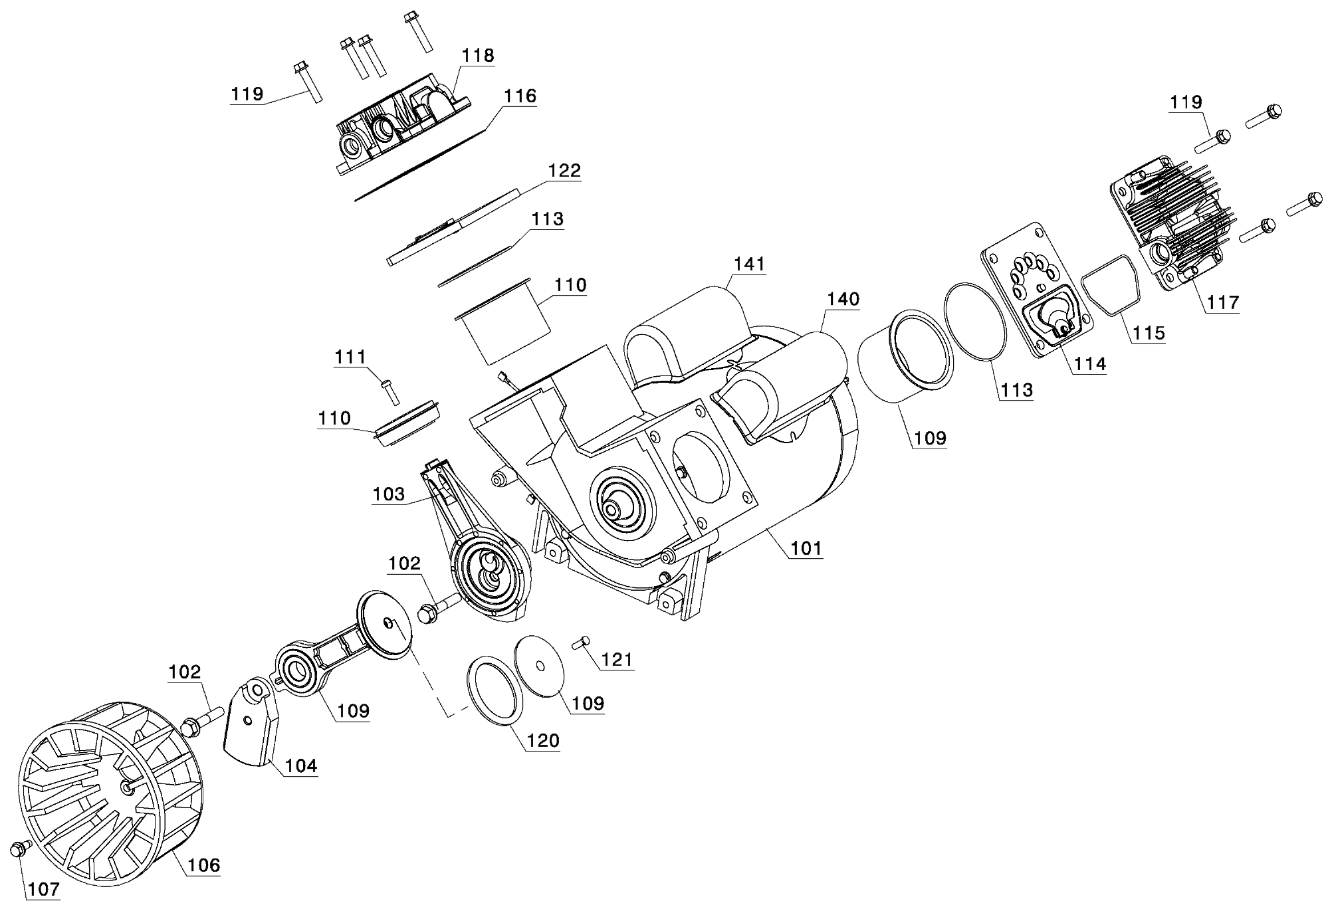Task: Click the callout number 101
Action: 806,548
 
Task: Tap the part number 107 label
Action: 45,889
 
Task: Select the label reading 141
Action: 749,264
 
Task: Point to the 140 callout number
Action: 843,299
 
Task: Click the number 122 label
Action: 564,171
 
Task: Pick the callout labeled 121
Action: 617,659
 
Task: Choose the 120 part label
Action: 542,740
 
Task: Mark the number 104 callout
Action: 301,765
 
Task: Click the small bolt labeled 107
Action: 20,849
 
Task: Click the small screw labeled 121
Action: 580,643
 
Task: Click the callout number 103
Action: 389,494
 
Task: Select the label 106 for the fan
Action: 203,864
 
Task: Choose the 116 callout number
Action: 520,96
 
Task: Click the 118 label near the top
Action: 479,56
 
